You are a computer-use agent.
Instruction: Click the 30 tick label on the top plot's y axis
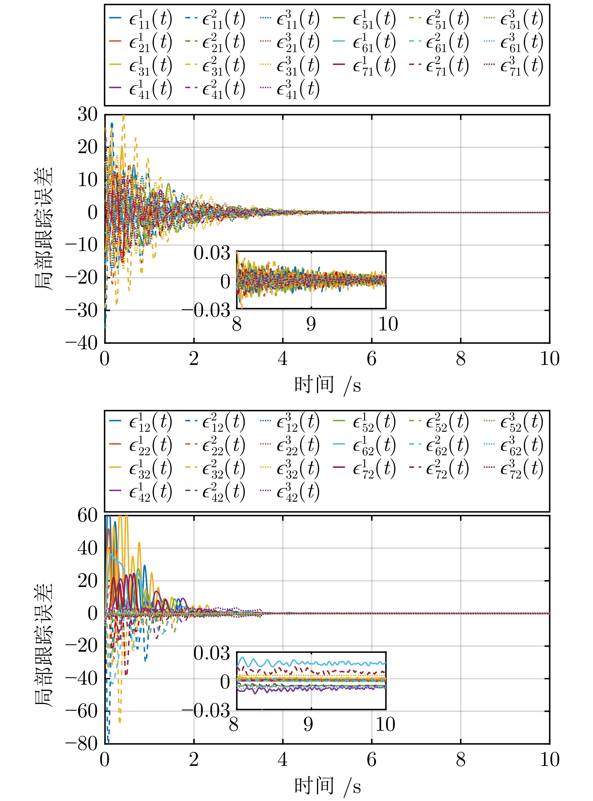tap(87, 115)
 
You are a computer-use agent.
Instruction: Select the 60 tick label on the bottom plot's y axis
tap(87, 516)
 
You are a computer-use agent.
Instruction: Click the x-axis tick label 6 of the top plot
tap(371, 359)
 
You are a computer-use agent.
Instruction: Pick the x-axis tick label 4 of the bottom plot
tap(282, 760)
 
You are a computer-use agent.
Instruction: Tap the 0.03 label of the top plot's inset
tap(212, 253)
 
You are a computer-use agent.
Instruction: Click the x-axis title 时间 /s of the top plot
tap(327, 385)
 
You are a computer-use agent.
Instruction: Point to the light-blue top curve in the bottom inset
tap(323, 663)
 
